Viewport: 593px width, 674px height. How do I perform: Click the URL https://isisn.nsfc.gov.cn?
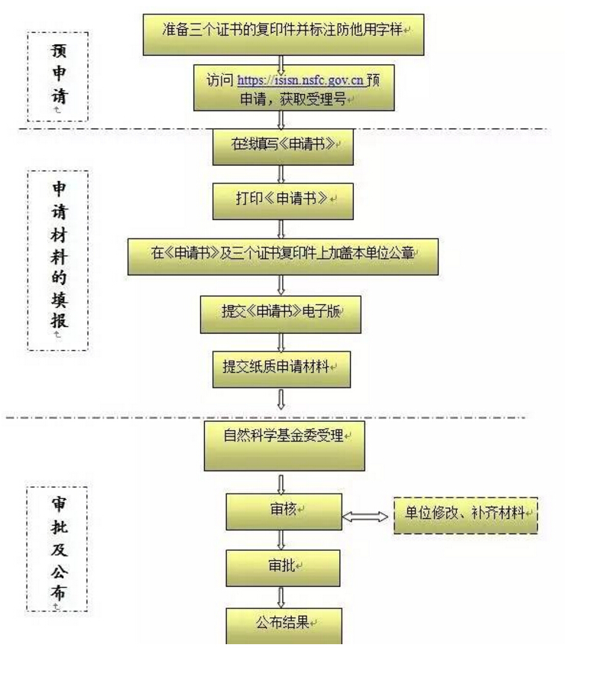pyautogui.click(x=301, y=79)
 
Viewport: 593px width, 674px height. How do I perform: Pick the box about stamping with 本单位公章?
pyautogui.click(x=283, y=255)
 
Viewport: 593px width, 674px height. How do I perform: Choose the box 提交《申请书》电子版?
pyautogui.click(x=280, y=313)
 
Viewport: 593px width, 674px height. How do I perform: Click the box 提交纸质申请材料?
pyautogui.click(x=281, y=368)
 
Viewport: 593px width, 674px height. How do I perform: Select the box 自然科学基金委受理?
pyautogui.click(x=284, y=446)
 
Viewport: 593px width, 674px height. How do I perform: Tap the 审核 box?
pyautogui.click(x=284, y=511)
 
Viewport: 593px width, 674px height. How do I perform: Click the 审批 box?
pyautogui.click(x=282, y=567)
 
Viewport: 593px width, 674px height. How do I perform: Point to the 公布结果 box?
pyautogui.click(x=283, y=624)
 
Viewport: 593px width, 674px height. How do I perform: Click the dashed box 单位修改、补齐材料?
pyautogui.click(x=466, y=514)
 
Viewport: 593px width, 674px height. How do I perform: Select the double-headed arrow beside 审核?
pyautogui.click(x=365, y=517)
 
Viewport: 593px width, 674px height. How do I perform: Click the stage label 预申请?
pyautogui.click(x=58, y=77)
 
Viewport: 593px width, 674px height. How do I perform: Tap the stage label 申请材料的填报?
pyautogui.click(x=58, y=261)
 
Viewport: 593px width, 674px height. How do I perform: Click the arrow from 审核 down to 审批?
pyautogui.click(x=282, y=540)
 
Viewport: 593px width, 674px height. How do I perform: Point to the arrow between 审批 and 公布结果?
pyautogui.click(x=282, y=596)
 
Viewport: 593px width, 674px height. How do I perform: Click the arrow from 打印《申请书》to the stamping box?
pyautogui.click(x=282, y=228)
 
